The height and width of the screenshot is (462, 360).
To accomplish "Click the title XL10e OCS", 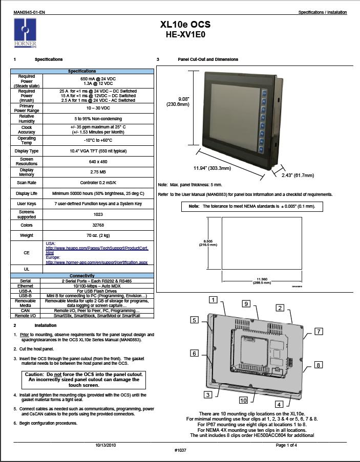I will pyautogui.click(x=185, y=25).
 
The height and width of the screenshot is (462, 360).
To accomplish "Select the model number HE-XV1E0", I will pyautogui.click(x=185, y=35).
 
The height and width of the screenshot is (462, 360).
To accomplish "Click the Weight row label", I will pyautogui.click(x=27, y=235).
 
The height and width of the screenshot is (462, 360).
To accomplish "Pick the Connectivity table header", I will pyautogui.click(x=82, y=276).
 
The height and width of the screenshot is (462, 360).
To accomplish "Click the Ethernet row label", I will pyautogui.click(x=26, y=285).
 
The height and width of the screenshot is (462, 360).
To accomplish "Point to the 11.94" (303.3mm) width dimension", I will pyautogui.click(x=212, y=168).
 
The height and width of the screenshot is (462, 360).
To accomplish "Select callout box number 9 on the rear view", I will pyautogui.click(x=246, y=304).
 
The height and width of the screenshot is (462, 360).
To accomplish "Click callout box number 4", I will pyautogui.click(x=280, y=404).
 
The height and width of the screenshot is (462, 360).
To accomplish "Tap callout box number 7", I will pyautogui.click(x=319, y=332).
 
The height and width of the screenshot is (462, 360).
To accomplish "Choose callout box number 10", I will pyautogui.click(x=243, y=400).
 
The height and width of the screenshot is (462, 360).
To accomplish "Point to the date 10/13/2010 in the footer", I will pyautogui.click(x=105, y=445).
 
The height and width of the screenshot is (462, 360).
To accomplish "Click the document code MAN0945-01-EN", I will pyautogui.click(x=26, y=12).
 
